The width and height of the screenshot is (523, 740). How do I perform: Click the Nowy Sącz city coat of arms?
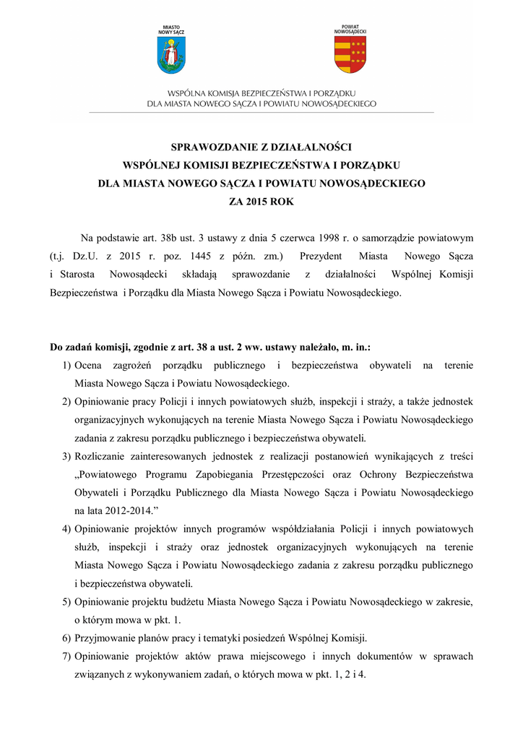(x=171, y=56)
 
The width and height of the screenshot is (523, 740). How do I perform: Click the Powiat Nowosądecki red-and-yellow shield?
(x=350, y=55)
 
